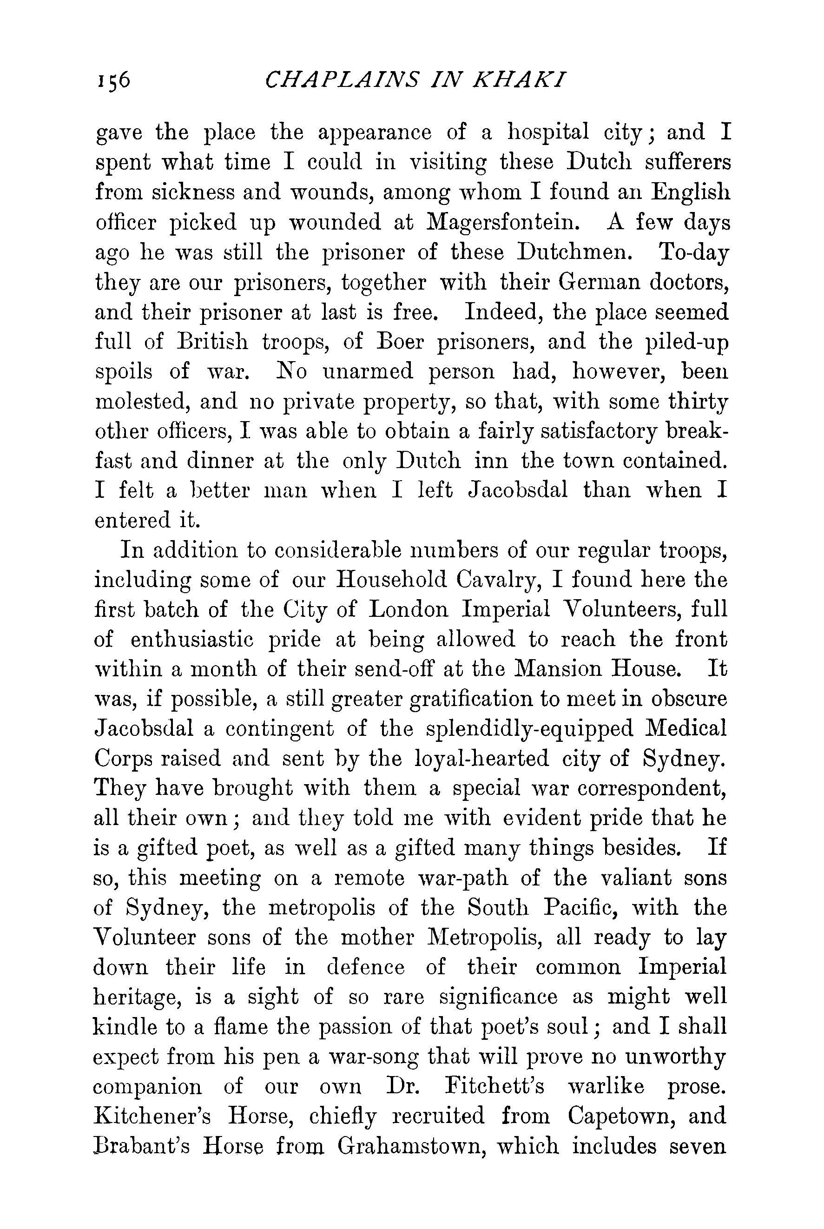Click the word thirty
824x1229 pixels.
699,402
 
